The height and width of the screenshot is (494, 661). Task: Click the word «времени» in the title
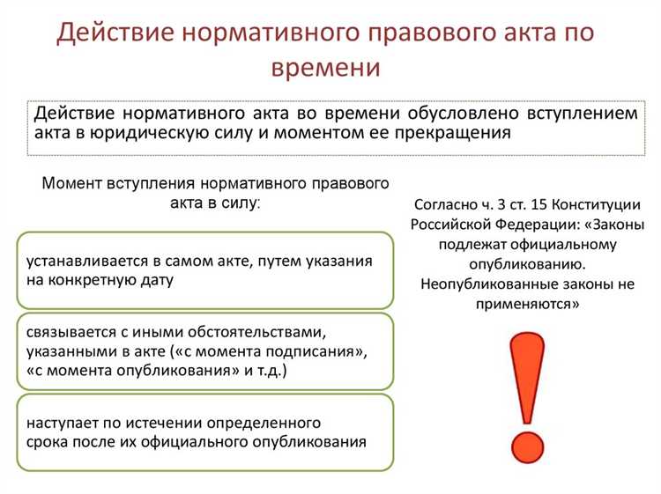click(x=330, y=68)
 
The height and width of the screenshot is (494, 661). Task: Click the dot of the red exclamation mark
click(x=528, y=442)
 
